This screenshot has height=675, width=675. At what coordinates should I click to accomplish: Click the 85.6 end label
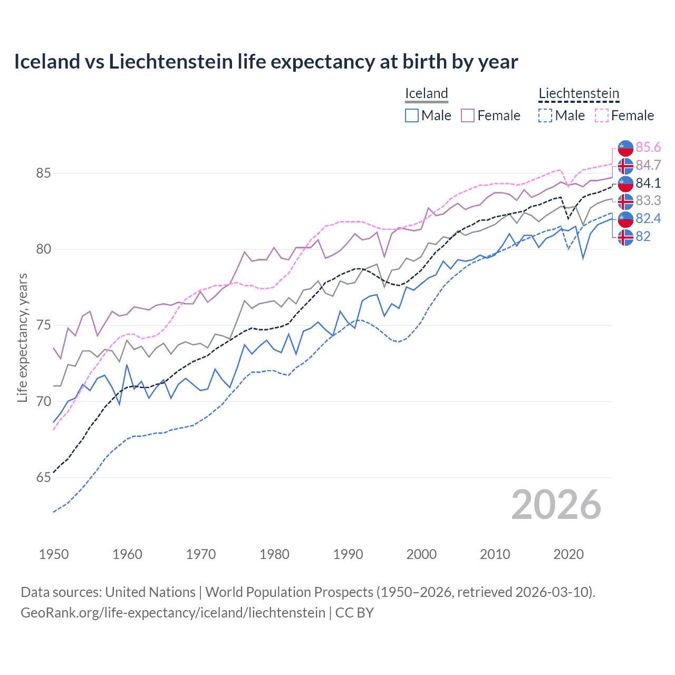click(x=648, y=148)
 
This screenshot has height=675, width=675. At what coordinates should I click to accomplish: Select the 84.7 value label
click(x=648, y=166)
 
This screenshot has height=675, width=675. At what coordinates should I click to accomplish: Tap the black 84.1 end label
click(x=648, y=184)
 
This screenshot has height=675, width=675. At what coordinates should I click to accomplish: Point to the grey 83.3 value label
click(x=648, y=201)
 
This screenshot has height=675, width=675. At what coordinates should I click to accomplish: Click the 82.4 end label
click(x=648, y=219)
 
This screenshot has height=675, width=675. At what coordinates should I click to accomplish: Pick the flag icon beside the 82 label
click(x=625, y=237)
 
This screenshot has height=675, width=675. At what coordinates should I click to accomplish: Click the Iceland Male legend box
click(x=412, y=115)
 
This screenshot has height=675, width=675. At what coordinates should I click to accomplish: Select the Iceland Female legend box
click(x=468, y=115)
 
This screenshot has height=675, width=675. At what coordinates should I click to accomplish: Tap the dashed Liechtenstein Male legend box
click(x=545, y=115)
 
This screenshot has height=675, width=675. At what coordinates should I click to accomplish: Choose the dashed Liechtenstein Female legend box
click(x=602, y=115)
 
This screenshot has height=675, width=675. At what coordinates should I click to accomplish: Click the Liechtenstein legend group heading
click(x=578, y=94)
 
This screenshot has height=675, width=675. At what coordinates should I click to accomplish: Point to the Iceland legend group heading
click(x=426, y=94)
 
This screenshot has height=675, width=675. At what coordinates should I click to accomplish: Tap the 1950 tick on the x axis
click(x=54, y=554)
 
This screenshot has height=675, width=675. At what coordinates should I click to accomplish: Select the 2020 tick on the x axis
click(x=568, y=554)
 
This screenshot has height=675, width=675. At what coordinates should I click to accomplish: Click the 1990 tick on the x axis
click(x=348, y=554)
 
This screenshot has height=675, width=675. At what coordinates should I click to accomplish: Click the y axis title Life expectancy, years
click(x=23, y=337)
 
